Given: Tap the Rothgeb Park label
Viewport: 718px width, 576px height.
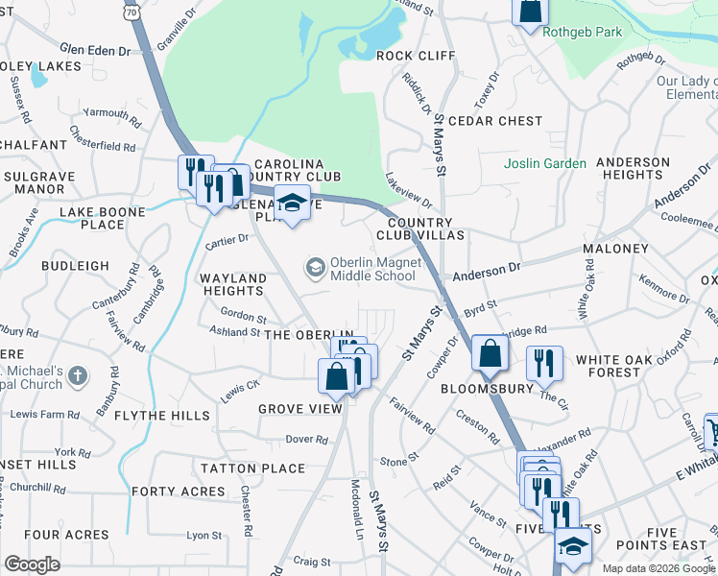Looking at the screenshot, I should [x=582, y=32].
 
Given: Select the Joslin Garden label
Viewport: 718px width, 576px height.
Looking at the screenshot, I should [x=545, y=163].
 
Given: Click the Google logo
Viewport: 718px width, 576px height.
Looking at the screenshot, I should [x=32, y=564].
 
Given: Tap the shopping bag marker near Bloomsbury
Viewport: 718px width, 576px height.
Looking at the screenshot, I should [x=490, y=354].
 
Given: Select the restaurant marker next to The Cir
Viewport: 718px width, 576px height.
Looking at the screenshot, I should [x=543, y=363].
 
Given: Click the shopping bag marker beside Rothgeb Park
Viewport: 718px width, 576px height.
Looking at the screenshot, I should [x=529, y=12].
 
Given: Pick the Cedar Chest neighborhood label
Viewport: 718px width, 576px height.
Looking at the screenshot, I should [x=495, y=121].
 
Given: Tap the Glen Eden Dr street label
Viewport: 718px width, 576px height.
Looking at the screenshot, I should [x=94, y=49].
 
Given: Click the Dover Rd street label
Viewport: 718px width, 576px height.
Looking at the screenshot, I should [x=307, y=440].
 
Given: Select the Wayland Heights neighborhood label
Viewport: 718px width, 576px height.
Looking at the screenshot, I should [x=232, y=285].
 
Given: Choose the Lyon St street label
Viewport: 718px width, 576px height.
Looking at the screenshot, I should [x=204, y=535].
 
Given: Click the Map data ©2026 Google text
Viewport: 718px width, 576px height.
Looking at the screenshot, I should [x=658, y=568].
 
